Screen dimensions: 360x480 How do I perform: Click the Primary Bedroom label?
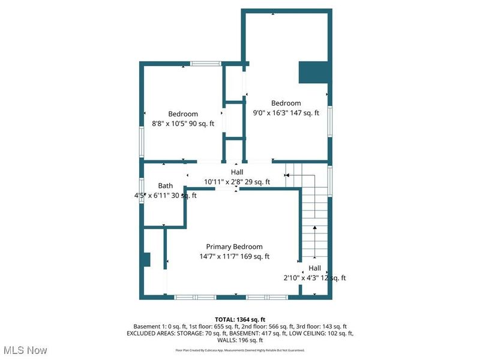pyautogui.click(x=234, y=247)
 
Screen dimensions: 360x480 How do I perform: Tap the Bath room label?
pyautogui.click(x=165, y=186)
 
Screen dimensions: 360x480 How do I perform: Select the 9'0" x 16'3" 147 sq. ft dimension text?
pyautogui.click(x=286, y=112)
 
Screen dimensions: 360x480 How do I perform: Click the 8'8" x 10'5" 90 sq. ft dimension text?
pyautogui.click(x=182, y=124)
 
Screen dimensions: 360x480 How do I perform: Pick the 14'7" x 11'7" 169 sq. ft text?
pyautogui.click(x=234, y=256)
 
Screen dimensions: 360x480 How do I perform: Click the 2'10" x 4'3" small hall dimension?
pyautogui.click(x=314, y=278)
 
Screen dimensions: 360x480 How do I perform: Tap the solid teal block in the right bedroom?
pyautogui.click(x=314, y=73)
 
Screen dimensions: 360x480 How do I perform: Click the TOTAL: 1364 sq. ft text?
pyautogui.click(x=240, y=319)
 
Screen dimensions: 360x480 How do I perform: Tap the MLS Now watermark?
pyautogui.click(x=25, y=350)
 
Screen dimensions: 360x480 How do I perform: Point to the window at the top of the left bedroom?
pyautogui.click(x=206, y=63)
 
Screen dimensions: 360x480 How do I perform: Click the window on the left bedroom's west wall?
pyautogui.click(x=142, y=142)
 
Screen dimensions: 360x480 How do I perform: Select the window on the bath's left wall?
pyautogui.click(x=142, y=190)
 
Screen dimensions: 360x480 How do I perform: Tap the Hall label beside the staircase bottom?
pyautogui.click(x=314, y=268)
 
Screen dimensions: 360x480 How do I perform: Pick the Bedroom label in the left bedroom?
pyautogui.click(x=182, y=114)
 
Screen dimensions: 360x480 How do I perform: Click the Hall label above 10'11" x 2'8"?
pyautogui.click(x=236, y=172)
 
